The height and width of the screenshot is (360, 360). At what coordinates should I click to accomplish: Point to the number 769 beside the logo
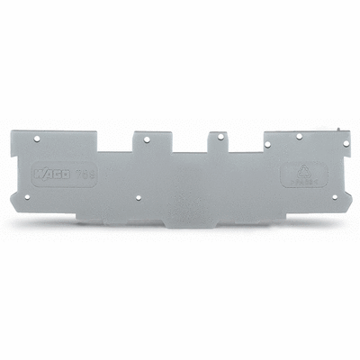pos(85,172)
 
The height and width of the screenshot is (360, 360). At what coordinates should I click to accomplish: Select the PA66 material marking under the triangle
pos(300,181)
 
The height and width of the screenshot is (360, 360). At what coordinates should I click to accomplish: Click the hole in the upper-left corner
pos(37,139)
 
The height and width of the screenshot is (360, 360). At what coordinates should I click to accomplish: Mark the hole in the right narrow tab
pos(217,139)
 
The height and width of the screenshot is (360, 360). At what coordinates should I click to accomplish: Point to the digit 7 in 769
pos(80,172)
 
